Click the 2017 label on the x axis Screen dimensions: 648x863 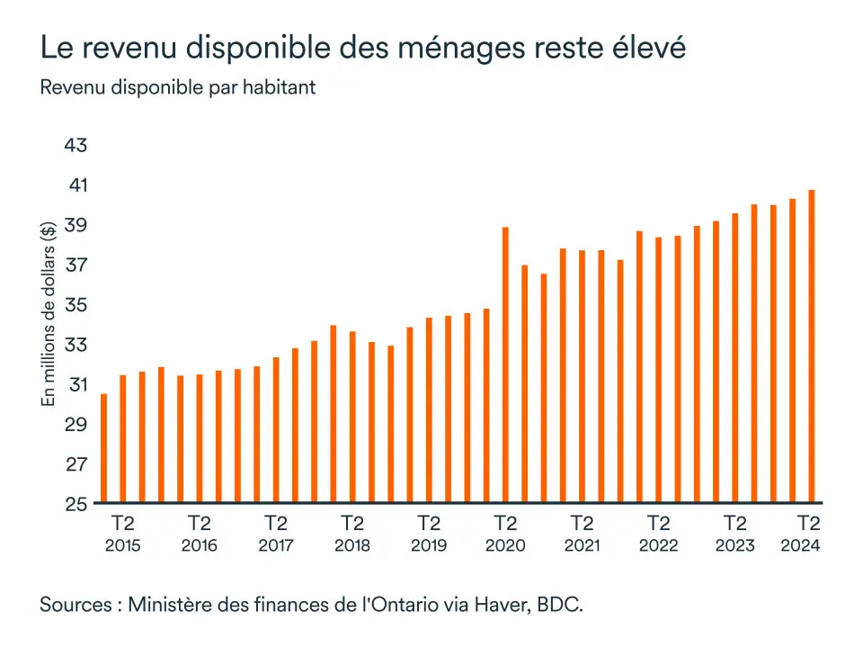pyautogui.click(x=276, y=545)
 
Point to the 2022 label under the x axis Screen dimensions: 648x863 pyautogui.click(x=659, y=545)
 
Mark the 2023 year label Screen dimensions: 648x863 pyautogui.click(x=735, y=545)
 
